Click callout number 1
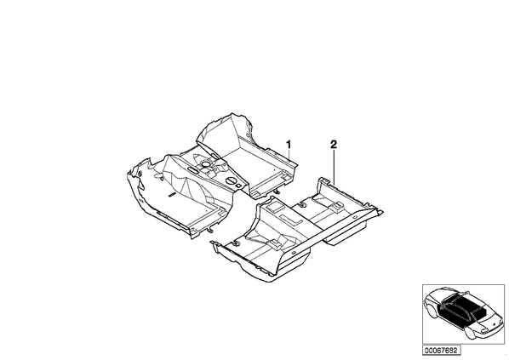click(x=289, y=144)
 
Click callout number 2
click(x=334, y=144)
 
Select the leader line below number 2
click(x=334, y=167)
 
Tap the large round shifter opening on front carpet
click(x=205, y=164)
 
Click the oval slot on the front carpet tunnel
click(x=192, y=169)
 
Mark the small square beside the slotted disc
click(x=239, y=186)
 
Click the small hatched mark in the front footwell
click(x=171, y=194)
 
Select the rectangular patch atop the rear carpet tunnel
click(x=273, y=206)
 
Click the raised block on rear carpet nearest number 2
click(x=338, y=205)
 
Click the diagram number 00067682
click(x=441, y=351)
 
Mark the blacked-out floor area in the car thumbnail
click(x=461, y=307)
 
